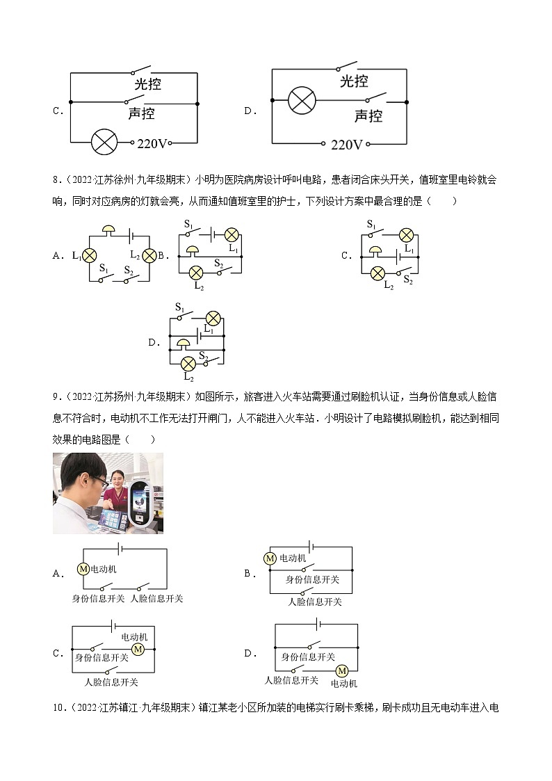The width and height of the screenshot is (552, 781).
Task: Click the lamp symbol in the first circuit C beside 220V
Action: point(104,143)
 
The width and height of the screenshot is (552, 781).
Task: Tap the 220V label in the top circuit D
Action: point(346,145)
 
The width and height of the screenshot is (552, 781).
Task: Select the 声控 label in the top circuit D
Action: point(368,116)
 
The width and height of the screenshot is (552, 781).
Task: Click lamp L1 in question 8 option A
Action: point(90,255)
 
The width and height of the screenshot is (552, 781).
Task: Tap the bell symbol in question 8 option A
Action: point(108,229)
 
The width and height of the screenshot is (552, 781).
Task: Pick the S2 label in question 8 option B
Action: point(218,263)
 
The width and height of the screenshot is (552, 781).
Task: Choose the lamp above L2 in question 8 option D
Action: point(187,363)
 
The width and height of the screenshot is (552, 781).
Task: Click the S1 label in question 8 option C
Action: point(371,225)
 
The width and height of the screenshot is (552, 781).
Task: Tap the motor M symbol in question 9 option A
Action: point(83,569)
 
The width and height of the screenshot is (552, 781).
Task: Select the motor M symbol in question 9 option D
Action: point(341,671)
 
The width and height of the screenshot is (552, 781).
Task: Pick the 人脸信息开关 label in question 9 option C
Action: point(111,682)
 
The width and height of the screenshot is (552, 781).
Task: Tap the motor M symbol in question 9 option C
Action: point(138,649)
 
